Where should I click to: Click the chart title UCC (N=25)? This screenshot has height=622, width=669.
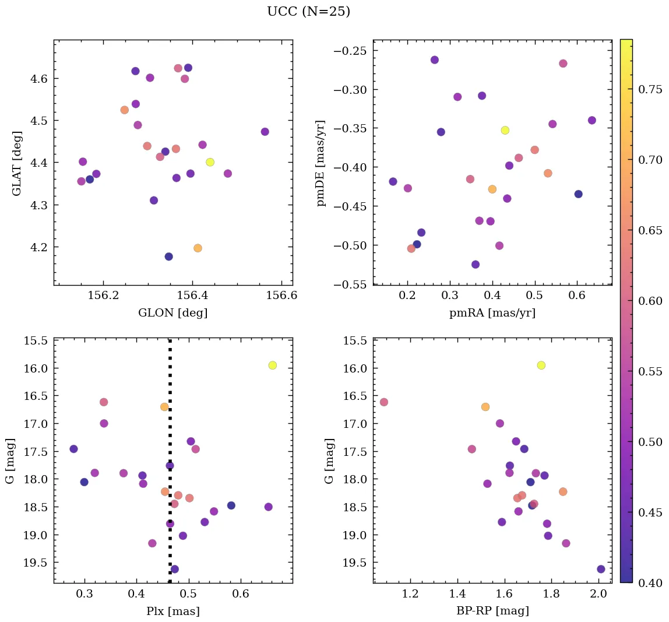pos(308,12)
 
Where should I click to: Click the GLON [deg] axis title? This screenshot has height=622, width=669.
pos(172,313)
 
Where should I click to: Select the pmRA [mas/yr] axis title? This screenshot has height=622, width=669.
pos(492,313)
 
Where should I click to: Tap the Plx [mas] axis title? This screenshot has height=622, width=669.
pos(172,611)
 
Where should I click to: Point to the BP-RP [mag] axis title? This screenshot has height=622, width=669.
pos(492,611)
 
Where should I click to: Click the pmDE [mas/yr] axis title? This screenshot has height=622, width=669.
pos(321,163)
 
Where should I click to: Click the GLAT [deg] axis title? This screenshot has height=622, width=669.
pos(17,163)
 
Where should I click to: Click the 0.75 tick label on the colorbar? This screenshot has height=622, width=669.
pos(650,89)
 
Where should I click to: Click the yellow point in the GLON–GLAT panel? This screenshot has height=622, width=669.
pos(210,162)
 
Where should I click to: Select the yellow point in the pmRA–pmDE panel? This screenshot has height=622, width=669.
pos(505,130)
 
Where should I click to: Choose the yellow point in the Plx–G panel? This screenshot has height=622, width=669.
pos(272,365)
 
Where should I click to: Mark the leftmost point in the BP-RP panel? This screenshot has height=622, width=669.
pos(383,402)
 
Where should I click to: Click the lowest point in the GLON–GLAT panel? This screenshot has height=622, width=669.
pos(168,256)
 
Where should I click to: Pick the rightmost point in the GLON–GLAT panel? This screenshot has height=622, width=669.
pos(265,132)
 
